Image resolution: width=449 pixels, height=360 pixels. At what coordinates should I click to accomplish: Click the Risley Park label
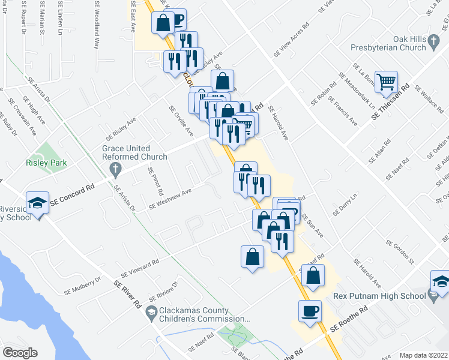(46, 163)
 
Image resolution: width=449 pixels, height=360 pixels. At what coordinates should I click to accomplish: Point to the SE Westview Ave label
(170, 199)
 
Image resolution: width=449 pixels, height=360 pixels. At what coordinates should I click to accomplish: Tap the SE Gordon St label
(401, 253)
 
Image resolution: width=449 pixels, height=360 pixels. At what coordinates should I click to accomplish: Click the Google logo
(20, 352)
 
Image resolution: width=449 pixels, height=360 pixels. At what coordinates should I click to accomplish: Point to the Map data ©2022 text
(424, 355)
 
